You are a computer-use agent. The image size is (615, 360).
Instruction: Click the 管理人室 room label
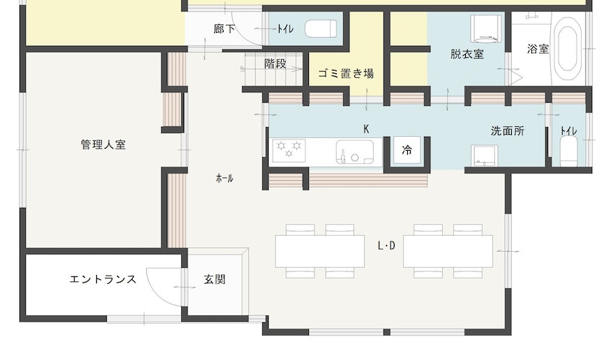pyautogui.click(x=103, y=145)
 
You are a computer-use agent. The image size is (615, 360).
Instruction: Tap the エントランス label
pyautogui.click(x=103, y=280)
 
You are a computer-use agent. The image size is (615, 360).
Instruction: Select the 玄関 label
pyautogui.click(x=215, y=280)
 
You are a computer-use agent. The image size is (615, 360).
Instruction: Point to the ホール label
pyautogui.click(x=225, y=179)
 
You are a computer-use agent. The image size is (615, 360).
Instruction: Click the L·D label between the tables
pyautogui.click(x=386, y=246)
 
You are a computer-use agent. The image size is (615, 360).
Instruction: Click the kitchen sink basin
pyautogui.click(x=354, y=152)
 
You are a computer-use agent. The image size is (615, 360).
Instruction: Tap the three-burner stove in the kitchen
pyautogui.click(x=289, y=151)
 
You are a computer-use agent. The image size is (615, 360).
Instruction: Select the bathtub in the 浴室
pyautogui.click(x=568, y=48)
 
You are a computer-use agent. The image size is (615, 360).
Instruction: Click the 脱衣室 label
pyautogui.click(x=466, y=54)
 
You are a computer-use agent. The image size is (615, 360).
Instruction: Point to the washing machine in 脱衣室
pyautogui.click(x=487, y=29)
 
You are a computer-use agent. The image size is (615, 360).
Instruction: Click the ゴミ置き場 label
pyautogui.click(x=346, y=73)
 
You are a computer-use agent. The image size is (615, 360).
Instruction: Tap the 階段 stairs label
pyautogui.click(x=275, y=63)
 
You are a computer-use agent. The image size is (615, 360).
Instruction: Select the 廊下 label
pyautogui.click(x=225, y=29)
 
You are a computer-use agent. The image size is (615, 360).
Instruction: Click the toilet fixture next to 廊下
pyautogui.click(x=321, y=29)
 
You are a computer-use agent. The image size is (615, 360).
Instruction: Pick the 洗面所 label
pyautogui.click(x=508, y=131)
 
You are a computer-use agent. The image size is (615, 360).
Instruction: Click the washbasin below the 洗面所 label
pyautogui.click(x=485, y=156)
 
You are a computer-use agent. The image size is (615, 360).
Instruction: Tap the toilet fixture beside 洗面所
pyautogui.click(x=568, y=151)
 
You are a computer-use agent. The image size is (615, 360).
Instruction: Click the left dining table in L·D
pyautogui.click(x=319, y=251)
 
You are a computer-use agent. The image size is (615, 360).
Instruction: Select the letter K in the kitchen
pyautogui.click(x=366, y=129)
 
